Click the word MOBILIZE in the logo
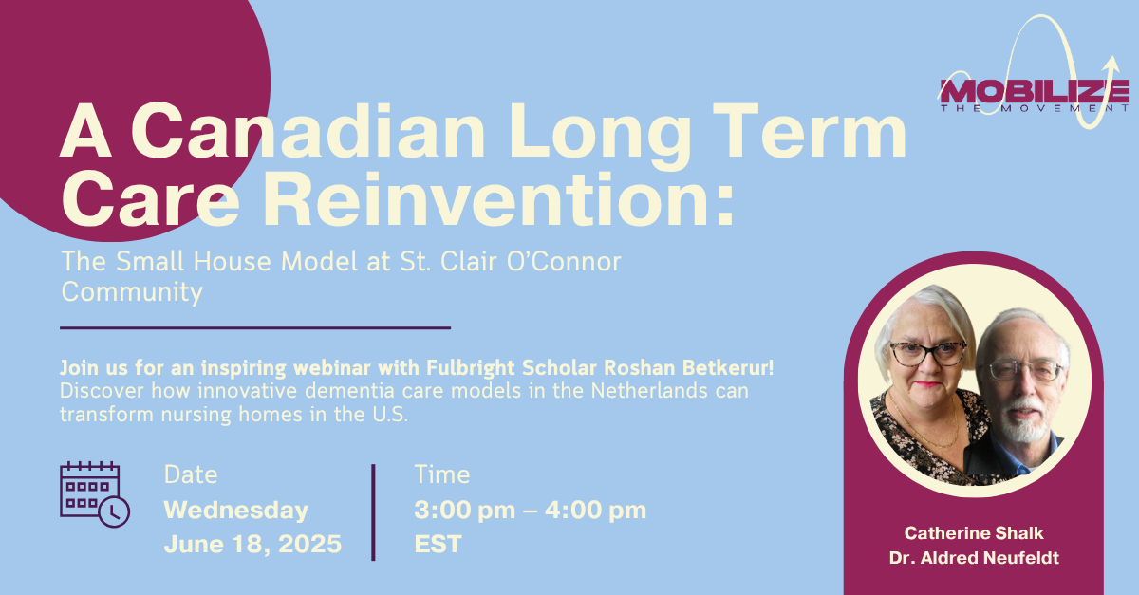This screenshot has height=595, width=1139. click(x=1034, y=91)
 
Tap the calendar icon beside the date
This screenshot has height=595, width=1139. click(x=95, y=494)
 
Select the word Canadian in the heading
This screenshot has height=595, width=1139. click(x=308, y=131)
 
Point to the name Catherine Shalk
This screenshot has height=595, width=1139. click(x=974, y=533)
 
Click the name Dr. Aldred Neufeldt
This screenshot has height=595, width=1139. click(x=974, y=558)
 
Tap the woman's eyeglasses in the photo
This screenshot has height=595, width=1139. click(x=928, y=353)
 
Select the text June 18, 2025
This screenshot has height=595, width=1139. click(x=252, y=544)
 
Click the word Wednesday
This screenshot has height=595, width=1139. click(x=236, y=511)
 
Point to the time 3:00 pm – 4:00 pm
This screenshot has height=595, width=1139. click(x=531, y=511)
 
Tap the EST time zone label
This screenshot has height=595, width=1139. click(x=438, y=544)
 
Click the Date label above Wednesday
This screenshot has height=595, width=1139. click(x=191, y=475)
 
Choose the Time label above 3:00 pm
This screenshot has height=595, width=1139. click(x=442, y=475)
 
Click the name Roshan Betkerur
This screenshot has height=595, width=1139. click(x=688, y=367)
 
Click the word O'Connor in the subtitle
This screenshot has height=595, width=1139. click(x=564, y=261)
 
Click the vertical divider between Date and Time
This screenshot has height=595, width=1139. click(x=373, y=512)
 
